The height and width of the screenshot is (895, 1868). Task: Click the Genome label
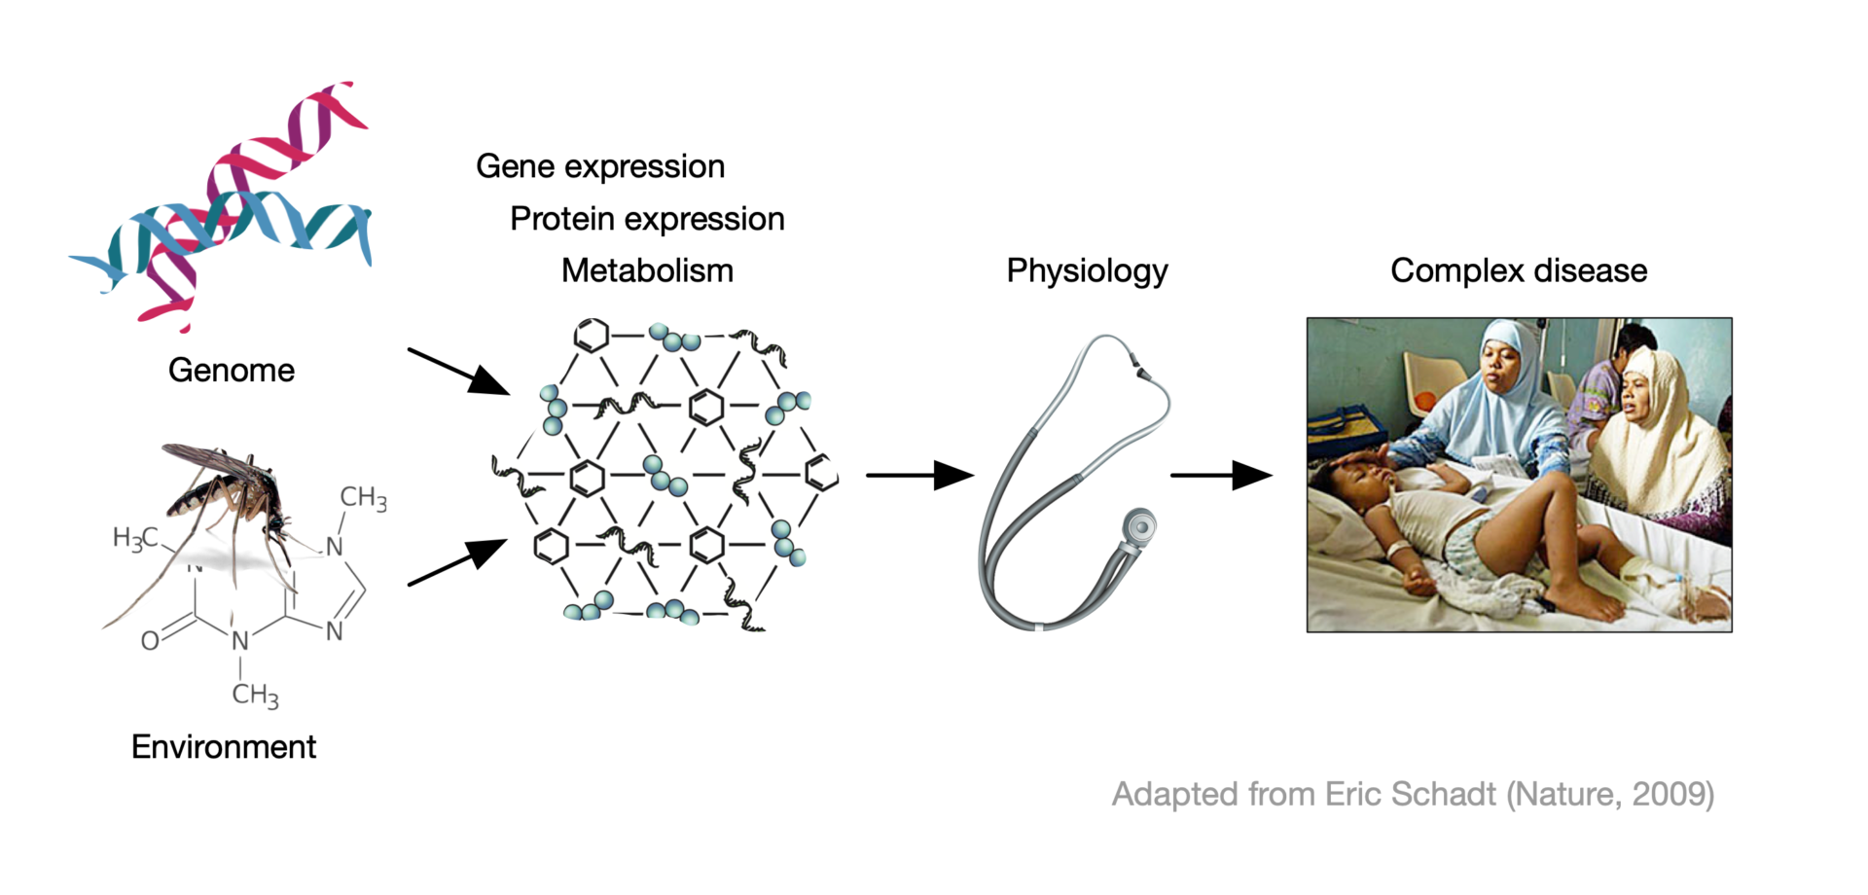[x=232, y=371]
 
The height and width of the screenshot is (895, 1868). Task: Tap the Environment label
[x=224, y=747]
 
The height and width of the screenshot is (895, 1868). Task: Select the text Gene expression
[x=600, y=167]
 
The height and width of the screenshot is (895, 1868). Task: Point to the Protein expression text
[x=647, y=220]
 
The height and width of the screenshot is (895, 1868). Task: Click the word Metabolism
[x=647, y=271]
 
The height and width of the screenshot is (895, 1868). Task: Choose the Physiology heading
[x=1087, y=271]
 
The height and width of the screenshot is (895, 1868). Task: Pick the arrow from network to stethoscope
[x=919, y=476]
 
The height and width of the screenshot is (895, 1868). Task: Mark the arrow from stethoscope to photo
[x=1221, y=476]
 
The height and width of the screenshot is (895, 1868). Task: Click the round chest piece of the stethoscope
[x=1139, y=526]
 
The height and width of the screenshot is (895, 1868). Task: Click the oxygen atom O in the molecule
[x=150, y=641]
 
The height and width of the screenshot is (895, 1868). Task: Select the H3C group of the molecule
[x=134, y=538]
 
